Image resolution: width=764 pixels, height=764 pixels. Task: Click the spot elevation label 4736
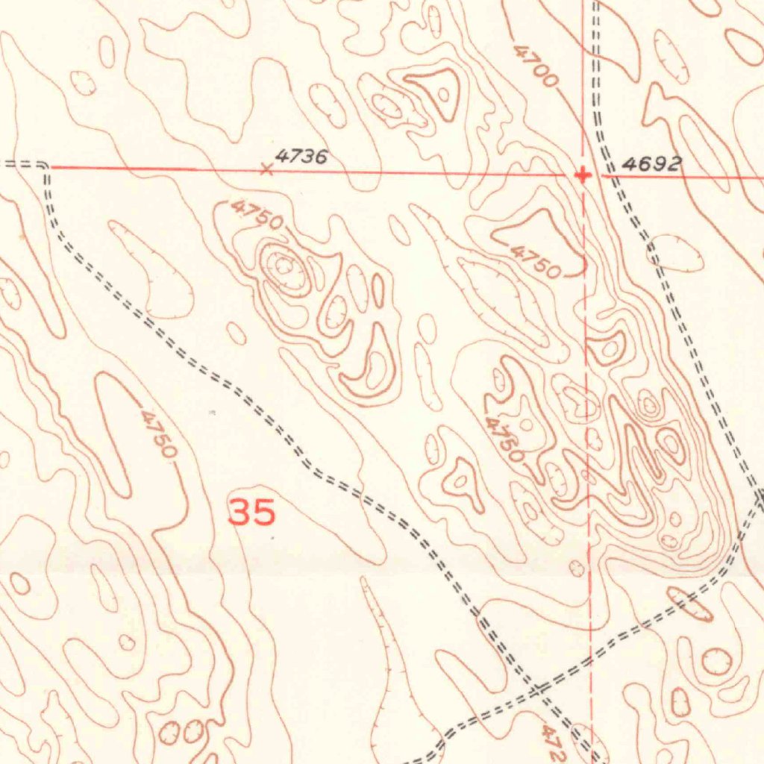tap(301, 157)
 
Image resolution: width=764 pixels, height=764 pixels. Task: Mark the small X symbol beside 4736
tap(266, 169)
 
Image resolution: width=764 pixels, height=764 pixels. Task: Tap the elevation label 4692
tap(652, 164)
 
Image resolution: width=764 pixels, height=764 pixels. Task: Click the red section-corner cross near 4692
tap(583, 175)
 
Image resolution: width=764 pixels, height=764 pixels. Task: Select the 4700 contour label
tap(536, 65)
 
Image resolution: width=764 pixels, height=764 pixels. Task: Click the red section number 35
tap(251, 513)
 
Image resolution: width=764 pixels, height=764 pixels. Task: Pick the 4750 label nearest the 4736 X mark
tap(257, 214)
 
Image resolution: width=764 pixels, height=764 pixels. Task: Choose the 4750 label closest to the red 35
tap(159, 433)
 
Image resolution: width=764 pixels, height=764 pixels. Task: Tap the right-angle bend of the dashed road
tap(46, 166)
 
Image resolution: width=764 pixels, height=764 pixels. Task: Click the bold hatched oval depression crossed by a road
tap(689, 604)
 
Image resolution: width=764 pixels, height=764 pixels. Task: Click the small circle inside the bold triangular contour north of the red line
tap(444, 94)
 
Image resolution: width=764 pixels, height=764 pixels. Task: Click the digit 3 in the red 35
tap(240, 513)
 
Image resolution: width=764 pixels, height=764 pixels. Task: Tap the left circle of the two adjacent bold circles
tap(169, 733)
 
